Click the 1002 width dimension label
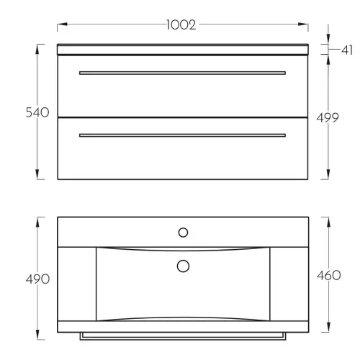[181, 24]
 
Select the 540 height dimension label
[37, 112]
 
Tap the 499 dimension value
[328, 117]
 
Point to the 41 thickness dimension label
[347, 50]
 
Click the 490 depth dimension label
[37, 279]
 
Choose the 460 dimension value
[329, 275]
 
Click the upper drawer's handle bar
[182, 73]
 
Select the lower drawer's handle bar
[182, 135]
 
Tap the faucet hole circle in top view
[183, 233]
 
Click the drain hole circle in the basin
[183, 266]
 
